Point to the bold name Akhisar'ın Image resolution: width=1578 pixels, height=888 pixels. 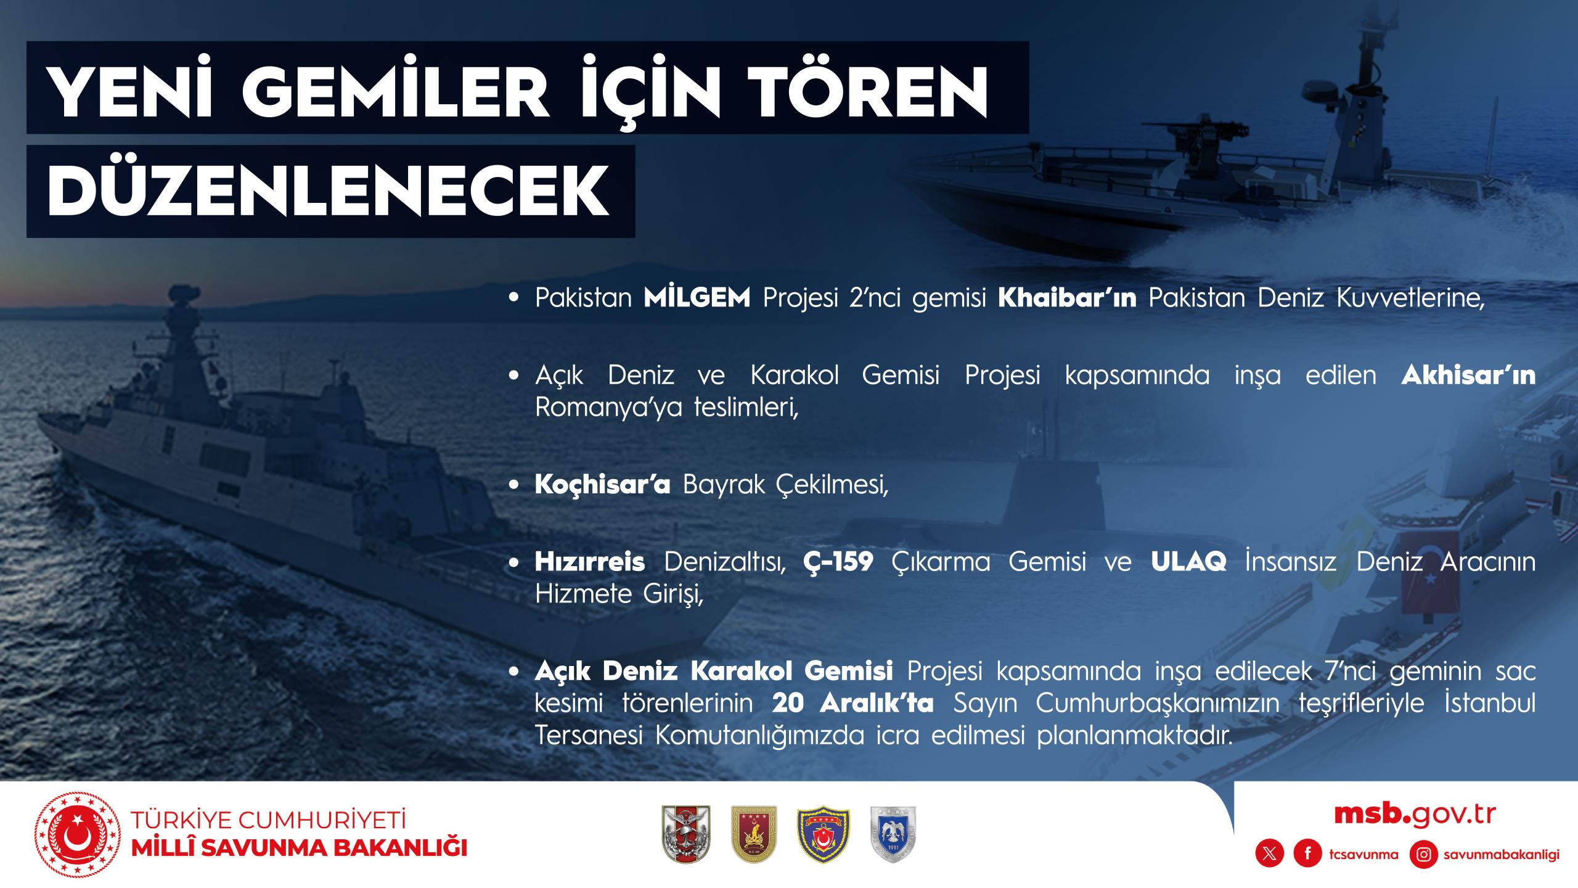click(1468, 376)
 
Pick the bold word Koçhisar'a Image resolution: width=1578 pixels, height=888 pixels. click(602, 485)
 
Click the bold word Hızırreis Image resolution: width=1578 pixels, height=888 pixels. click(590, 562)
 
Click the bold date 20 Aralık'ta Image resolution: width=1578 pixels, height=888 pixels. click(852, 704)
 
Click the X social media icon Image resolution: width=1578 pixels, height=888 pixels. click(1270, 854)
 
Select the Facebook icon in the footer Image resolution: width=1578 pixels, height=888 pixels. click(1307, 854)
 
